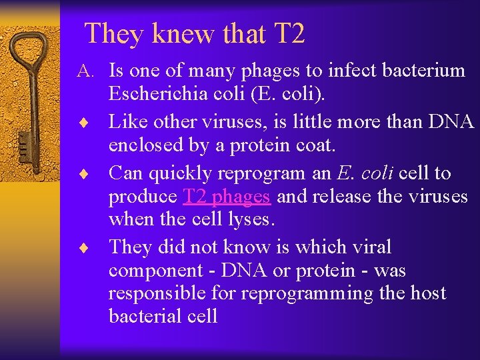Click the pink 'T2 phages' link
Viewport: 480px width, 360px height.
click(227, 196)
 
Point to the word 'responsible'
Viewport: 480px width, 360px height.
click(156, 293)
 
